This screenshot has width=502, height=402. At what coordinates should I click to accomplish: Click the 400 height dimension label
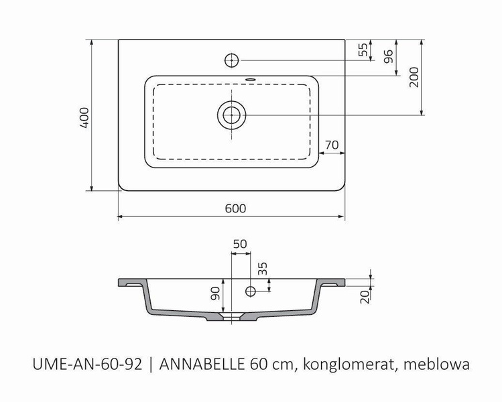(x=84, y=118)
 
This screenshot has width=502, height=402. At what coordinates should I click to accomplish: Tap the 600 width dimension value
(x=235, y=208)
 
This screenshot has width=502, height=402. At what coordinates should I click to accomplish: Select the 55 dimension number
(x=363, y=50)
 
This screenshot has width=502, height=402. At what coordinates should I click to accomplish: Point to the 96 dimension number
(x=388, y=56)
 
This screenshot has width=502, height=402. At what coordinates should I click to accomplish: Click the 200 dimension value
(x=414, y=77)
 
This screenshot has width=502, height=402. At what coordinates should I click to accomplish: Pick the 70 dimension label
(x=332, y=145)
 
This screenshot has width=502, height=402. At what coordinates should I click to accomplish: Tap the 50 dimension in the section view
(x=240, y=244)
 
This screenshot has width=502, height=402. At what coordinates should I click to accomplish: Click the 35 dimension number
(x=263, y=269)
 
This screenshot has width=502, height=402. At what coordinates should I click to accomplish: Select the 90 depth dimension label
(x=215, y=293)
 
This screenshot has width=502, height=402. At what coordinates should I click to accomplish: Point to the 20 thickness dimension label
(x=365, y=297)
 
